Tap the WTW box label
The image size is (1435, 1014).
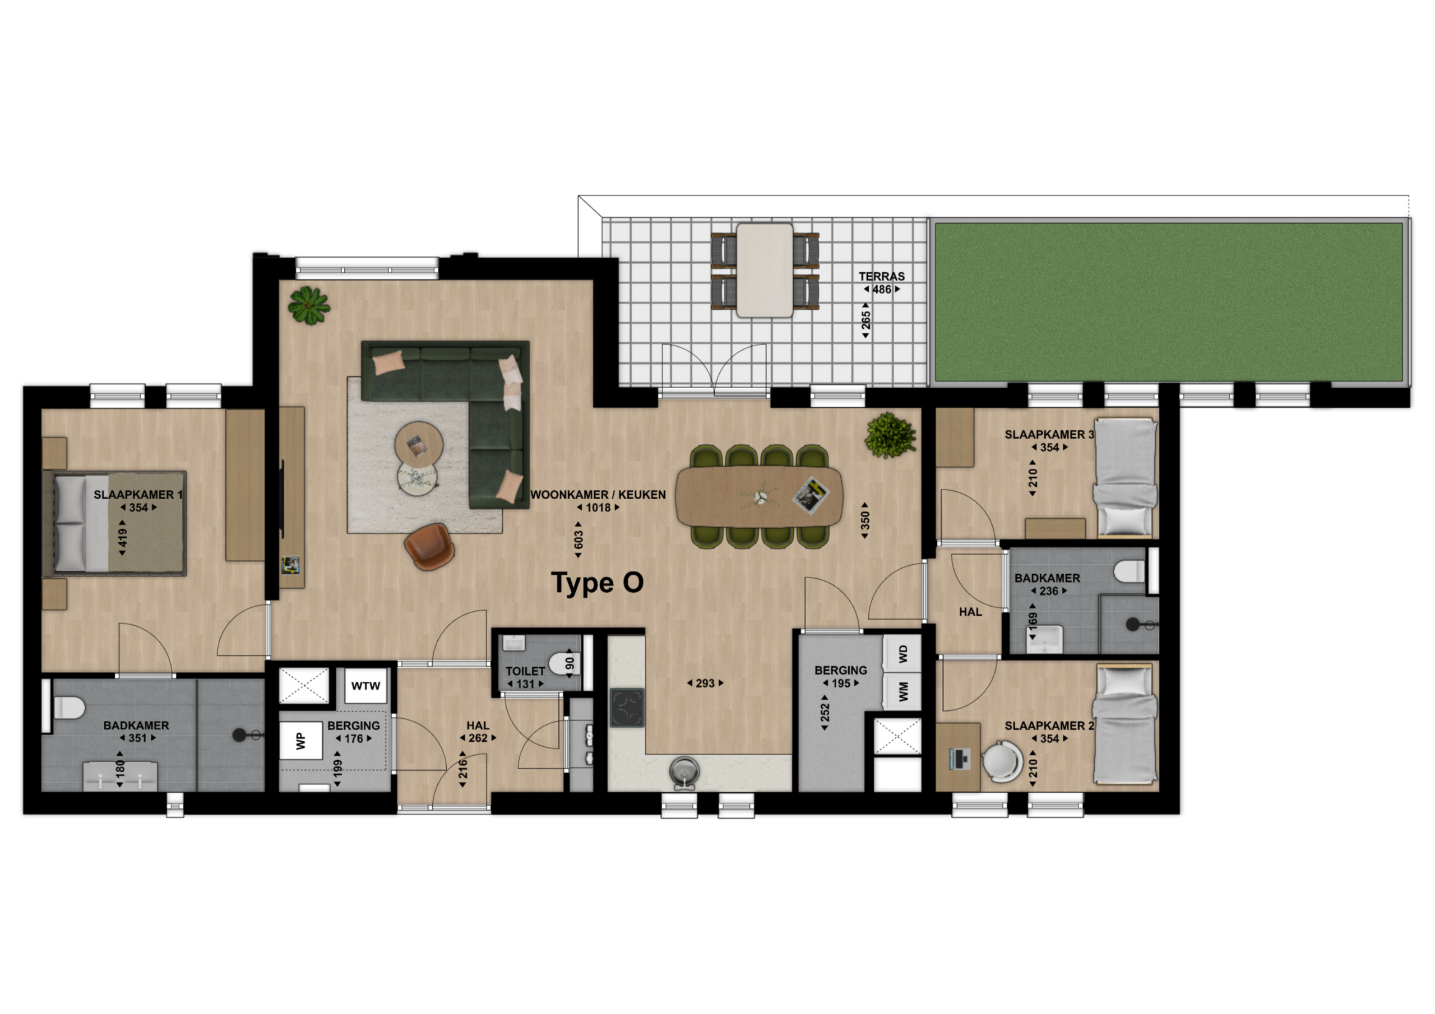coord(365,686)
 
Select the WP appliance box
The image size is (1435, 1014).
coord(300,741)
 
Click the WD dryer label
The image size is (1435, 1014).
coord(902,654)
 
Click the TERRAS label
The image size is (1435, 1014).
coord(881,276)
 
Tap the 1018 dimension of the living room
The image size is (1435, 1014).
coord(598,508)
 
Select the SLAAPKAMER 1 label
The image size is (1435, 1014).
coord(138,495)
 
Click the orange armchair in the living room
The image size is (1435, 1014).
coord(427,546)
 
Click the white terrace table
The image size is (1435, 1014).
coord(765,271)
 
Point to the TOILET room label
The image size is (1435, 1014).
coord(525,671)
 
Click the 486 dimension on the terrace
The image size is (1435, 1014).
coord(882,289)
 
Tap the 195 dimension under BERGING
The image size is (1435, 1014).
coord(841,683)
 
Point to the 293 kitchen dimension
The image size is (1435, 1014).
coord(705,683)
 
